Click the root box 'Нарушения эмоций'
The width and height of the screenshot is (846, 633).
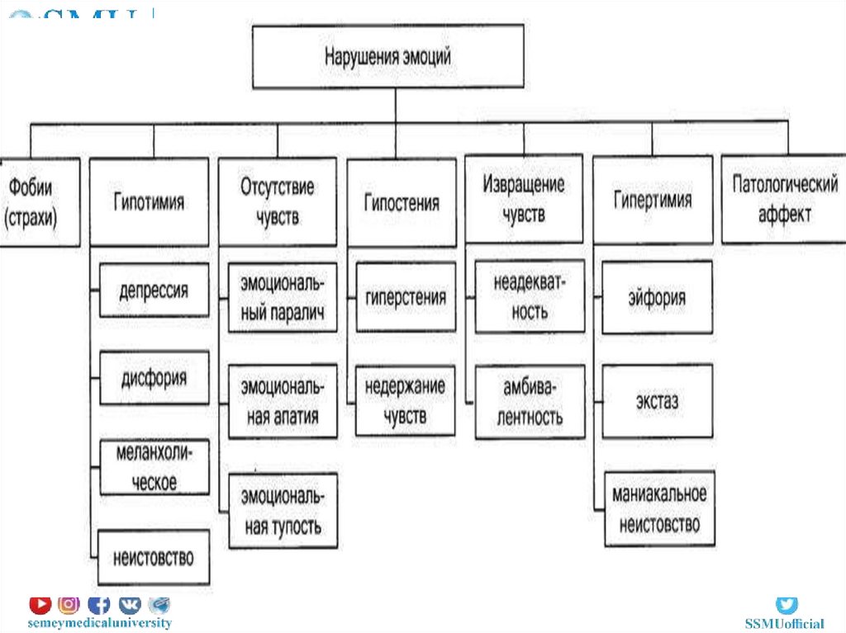tap(387, 57)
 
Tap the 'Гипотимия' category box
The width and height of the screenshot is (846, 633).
tap(149, 202)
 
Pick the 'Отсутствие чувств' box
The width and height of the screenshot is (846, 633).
tap(278, 202)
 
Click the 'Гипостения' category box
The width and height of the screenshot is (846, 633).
tap(402, 202)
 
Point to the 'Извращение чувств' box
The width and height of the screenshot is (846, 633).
tap(524, 199)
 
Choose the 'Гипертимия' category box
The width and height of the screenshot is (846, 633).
tap(653, 201)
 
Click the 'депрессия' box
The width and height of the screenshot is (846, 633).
tap(154, 291)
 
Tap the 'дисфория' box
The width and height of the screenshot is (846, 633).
tap(154, 378)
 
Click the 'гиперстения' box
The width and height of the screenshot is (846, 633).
tap(406, 297)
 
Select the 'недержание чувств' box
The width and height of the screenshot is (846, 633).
tap(406, 400)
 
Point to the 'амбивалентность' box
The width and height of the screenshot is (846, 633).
tap(530, 402)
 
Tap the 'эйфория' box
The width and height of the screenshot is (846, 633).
tap(657, 297)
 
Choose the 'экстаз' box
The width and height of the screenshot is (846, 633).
tap(657, 401)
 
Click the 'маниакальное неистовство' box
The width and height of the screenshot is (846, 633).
tap(658, 508)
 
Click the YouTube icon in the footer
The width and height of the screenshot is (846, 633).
tap(40, 605)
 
